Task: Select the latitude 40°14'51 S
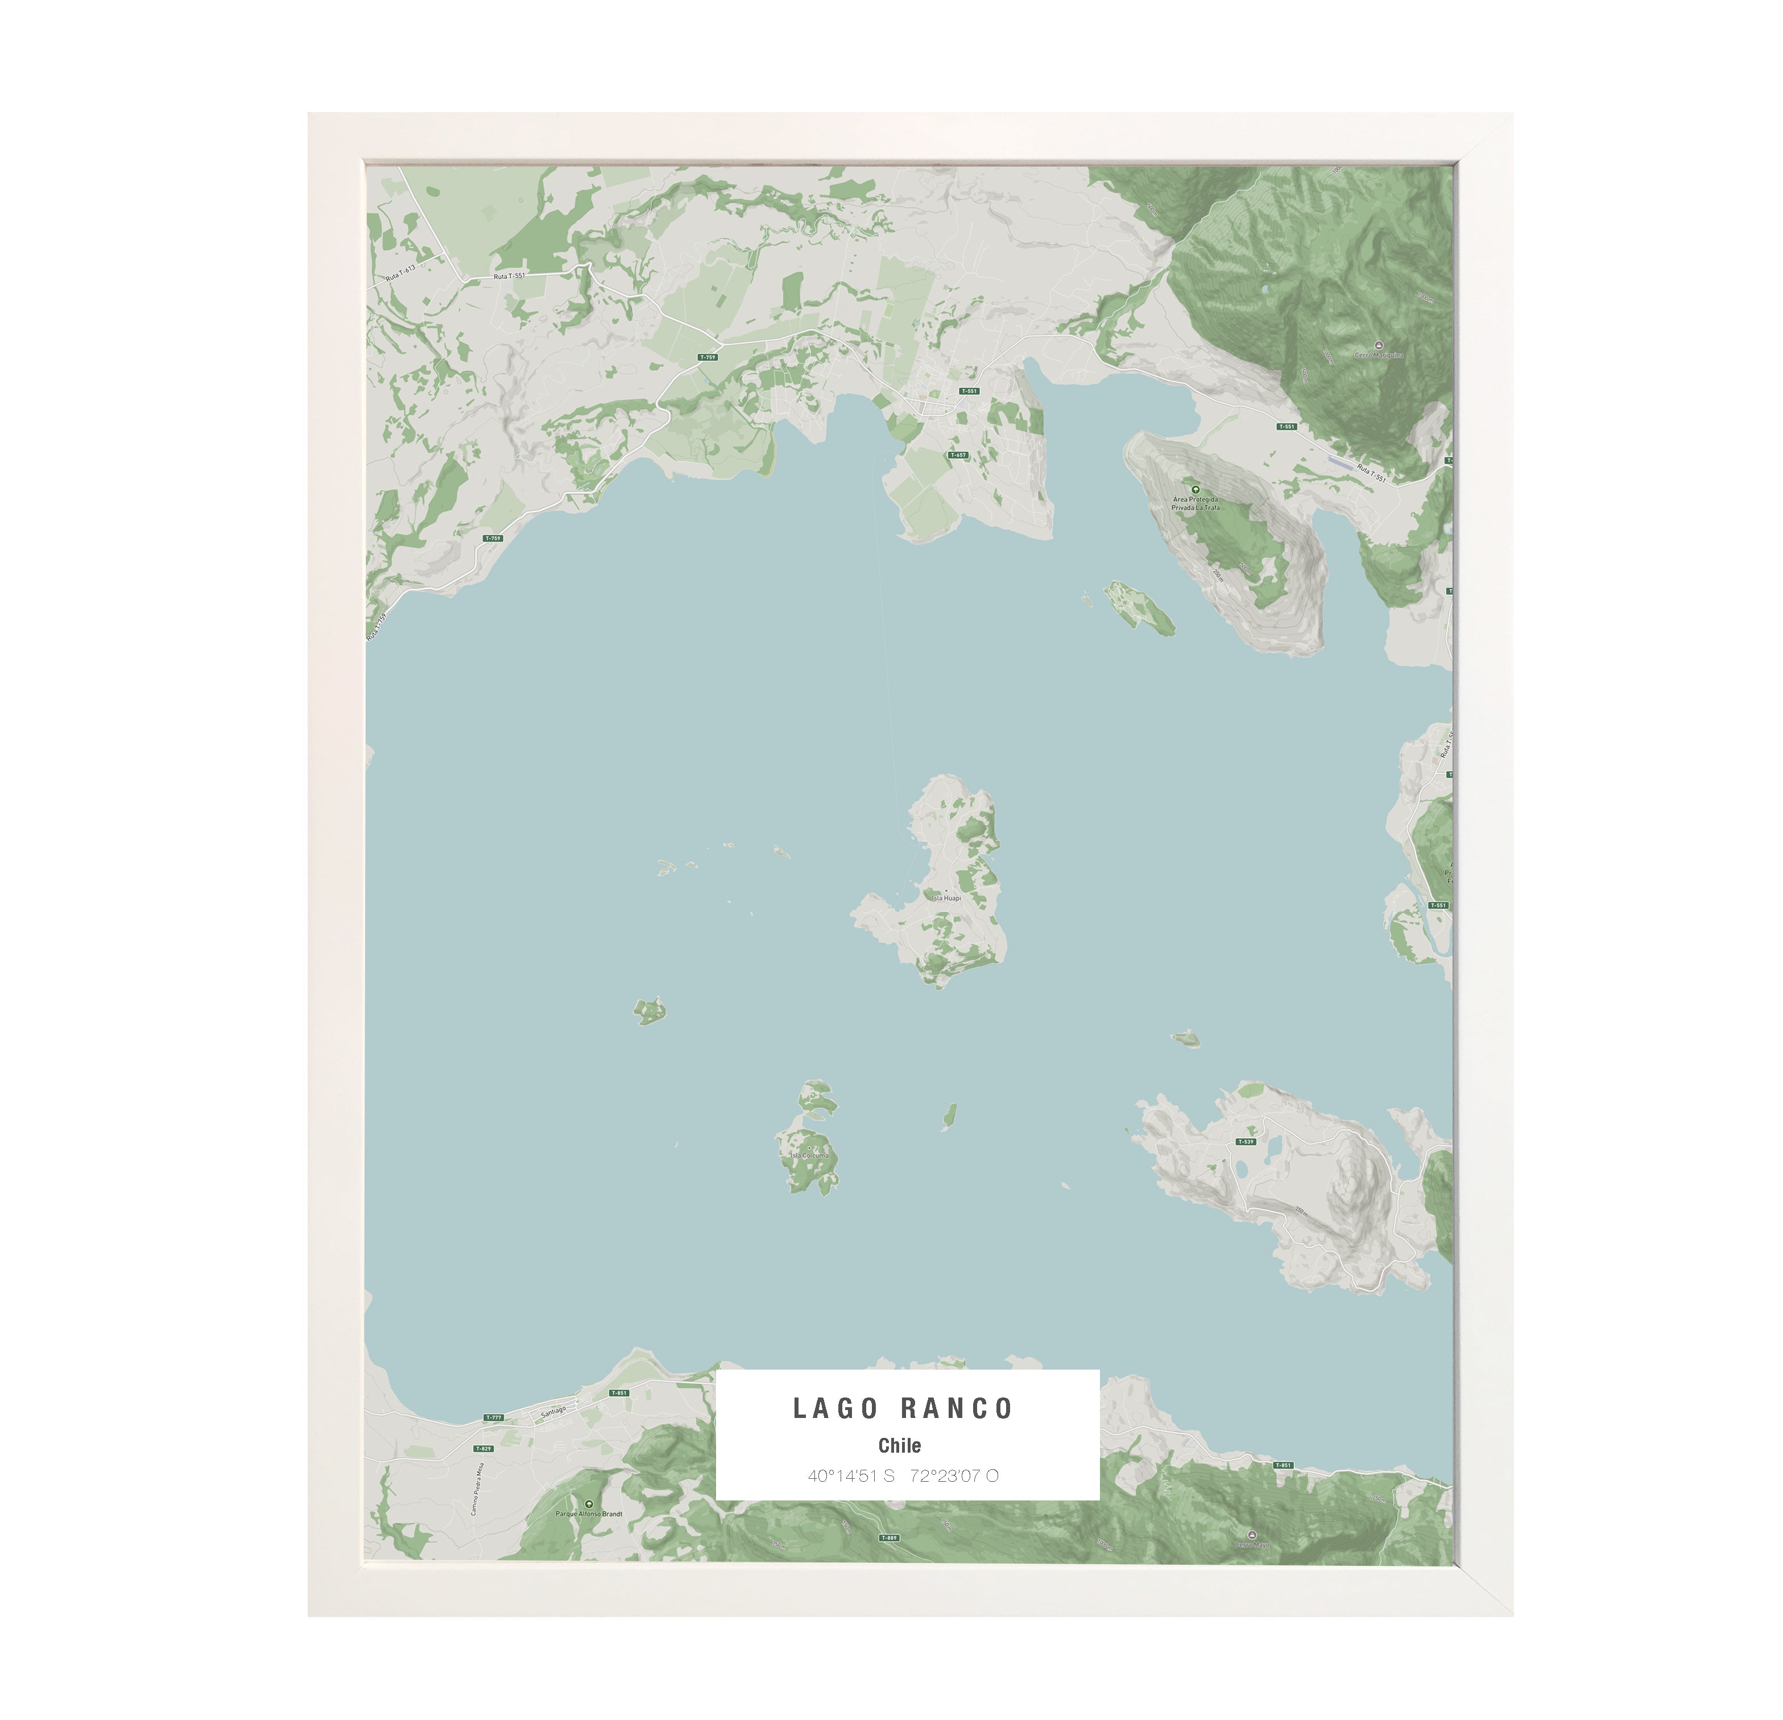(x=851, y=1475)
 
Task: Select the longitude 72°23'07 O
(x=953, y=1475)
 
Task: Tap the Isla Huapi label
(x=945, y=898)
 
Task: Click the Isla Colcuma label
(x=809, y=1155)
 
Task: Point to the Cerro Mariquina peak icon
(x=1379, y=346)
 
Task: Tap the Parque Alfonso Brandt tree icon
(x=589, y=1504)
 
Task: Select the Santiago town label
(x=553, y=1412)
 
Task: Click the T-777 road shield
(x=493, y=1417)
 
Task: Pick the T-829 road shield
(x=482, y=1449)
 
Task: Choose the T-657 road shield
(x=958, y=455)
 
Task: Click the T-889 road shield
(x=889, y=1537)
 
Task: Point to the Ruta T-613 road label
(x=400, y=272)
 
